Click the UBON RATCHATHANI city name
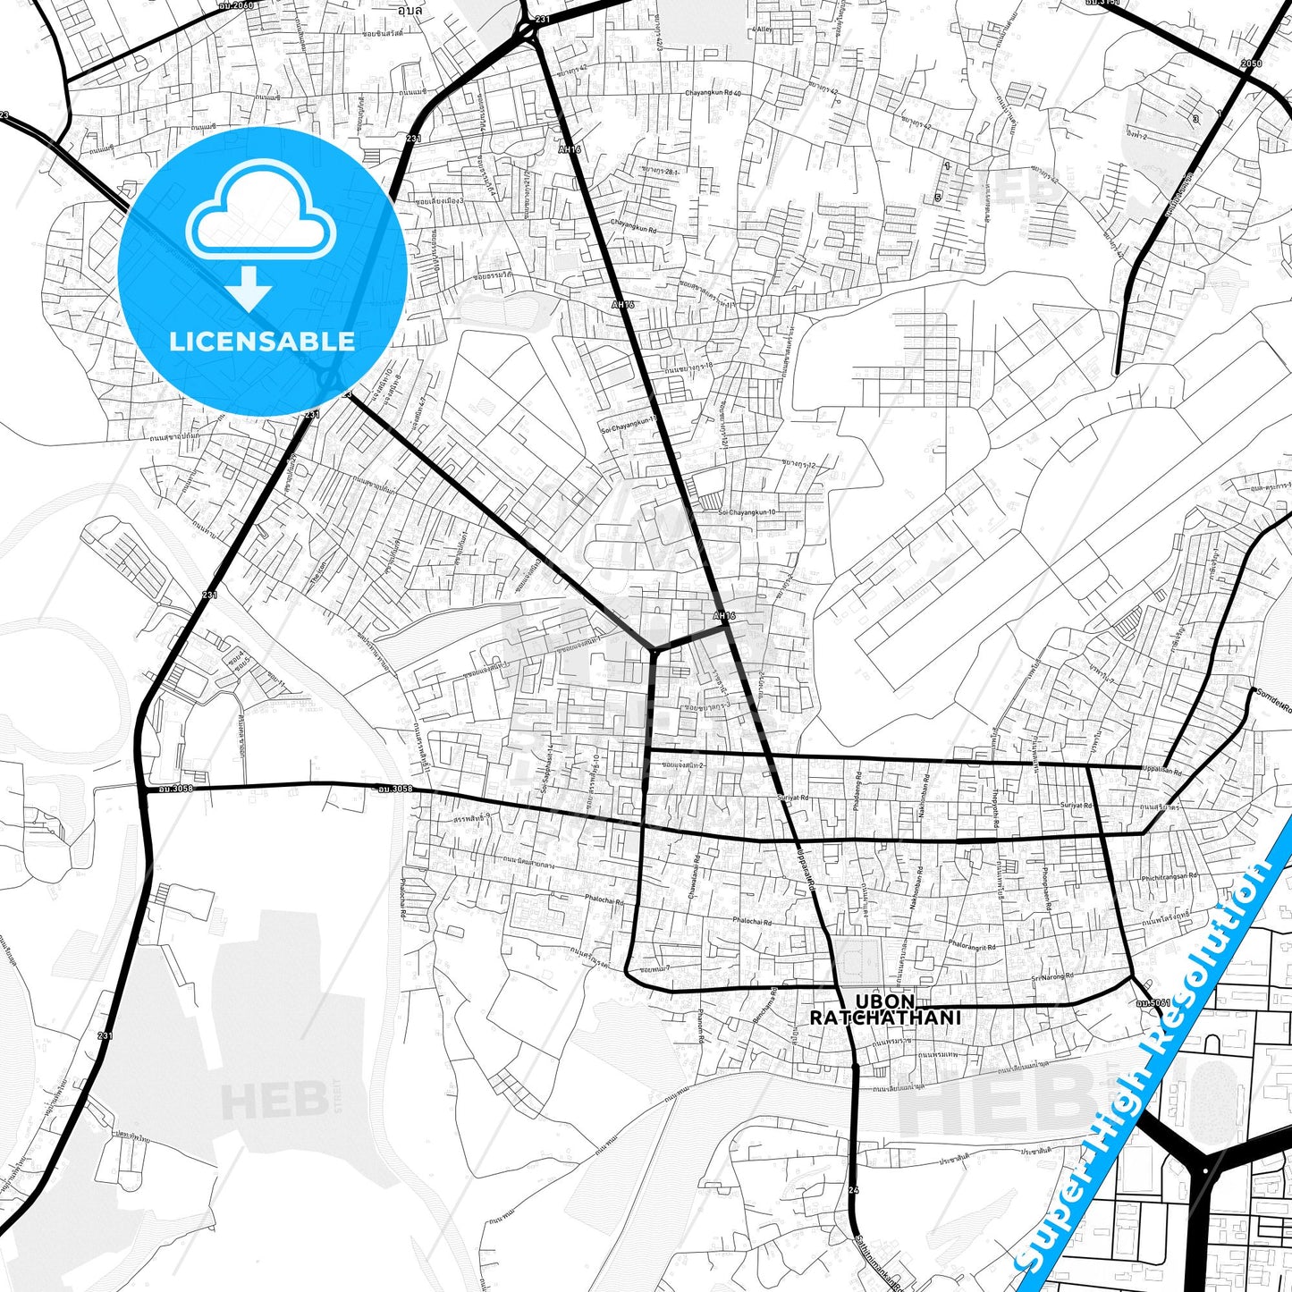884,1009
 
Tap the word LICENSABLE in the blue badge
262,342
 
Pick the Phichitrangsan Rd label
1169,877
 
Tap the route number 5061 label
1153,1002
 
